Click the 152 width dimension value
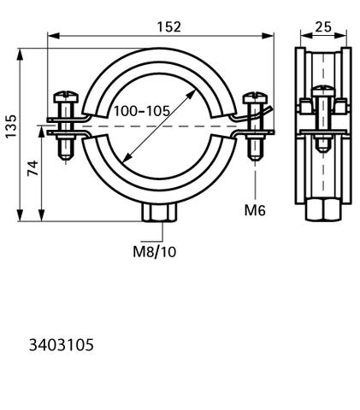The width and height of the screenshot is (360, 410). click(x=168, y=26)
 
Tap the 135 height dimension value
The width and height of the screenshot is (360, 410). click(x=11, y=126)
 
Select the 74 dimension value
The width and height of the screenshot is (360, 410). click(x=32, y=168)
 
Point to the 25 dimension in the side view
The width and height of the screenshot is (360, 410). click(x=323, y=26)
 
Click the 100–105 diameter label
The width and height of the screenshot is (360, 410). click(x=142, y=111)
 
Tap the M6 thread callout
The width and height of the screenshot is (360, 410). click(x=255, y=210)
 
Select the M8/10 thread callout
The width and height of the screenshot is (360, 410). click(x=155, y=252)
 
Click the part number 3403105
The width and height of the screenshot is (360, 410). click(x=61, y=345)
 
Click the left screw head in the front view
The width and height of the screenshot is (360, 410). click(x=66, y=97)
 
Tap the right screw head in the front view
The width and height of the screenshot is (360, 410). click(x=256, y=97)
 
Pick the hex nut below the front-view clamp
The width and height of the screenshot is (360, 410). click(x=159, y=211)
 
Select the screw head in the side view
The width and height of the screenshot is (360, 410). click(x=323, y=91)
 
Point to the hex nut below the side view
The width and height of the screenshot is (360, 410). click(x=323, y=210)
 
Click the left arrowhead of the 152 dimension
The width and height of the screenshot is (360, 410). click(x=53, y=36)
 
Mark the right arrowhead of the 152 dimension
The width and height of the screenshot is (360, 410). click(x=268, y=36)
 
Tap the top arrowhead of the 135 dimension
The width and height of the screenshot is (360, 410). click(x=20, y=55)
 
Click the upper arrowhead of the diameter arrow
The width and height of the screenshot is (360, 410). click(x=192, y=94)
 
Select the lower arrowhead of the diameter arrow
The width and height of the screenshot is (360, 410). click(x=127, y=158)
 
